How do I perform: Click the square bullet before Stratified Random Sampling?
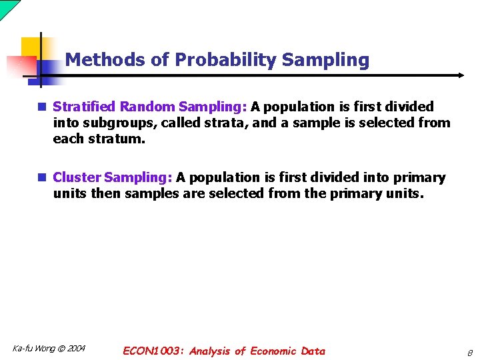pos(43,107)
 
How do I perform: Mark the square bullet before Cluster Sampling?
pos(43,177)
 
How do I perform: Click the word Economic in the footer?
pos(274,351)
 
